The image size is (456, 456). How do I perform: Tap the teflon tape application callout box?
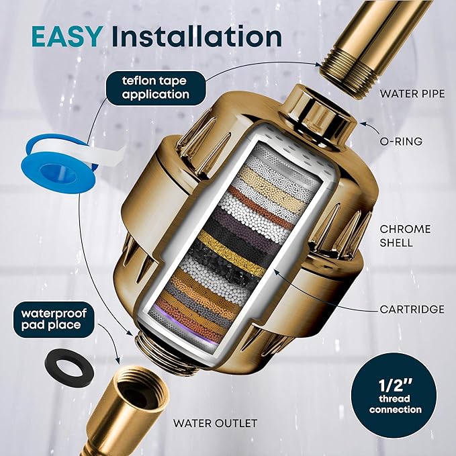[155, 88]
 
